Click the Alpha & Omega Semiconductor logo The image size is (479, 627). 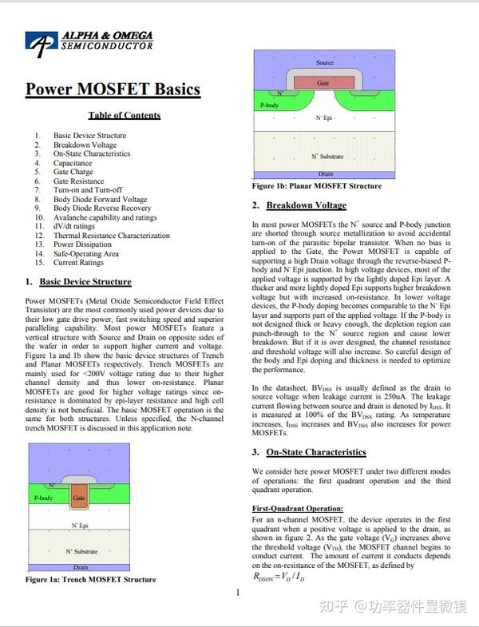click(89, 43)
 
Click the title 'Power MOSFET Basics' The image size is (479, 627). click(112, 89)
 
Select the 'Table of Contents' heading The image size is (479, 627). click(124, 115)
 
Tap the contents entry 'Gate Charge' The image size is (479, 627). click(73, 172)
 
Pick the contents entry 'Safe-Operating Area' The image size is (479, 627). click(86, 254)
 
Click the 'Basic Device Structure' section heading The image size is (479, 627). click(85, 282)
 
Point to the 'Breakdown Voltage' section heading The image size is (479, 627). click(306, 205)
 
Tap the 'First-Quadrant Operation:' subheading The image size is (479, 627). click(298, 508)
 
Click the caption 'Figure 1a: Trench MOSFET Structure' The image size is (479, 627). click(91, 579)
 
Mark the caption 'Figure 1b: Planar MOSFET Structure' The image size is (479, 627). click(317, 186)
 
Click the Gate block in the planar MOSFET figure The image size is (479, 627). click(323, 81)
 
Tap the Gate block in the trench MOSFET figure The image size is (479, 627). click(78, 498)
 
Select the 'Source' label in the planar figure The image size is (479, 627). click(324, 62)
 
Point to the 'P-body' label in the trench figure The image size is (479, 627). click(44, 498)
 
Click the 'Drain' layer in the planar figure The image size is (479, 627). click(324, 173)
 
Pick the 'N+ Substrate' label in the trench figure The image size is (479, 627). click(81, 552)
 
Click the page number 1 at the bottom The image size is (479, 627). click(238, 593)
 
